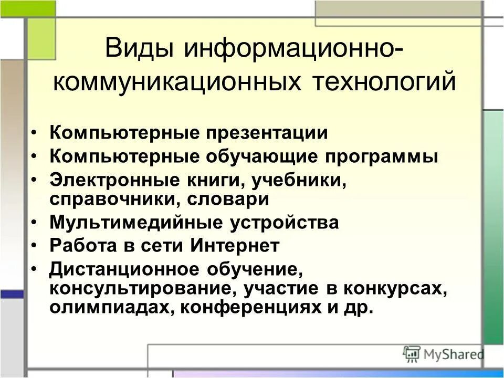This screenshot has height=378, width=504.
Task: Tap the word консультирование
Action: click(139, 288)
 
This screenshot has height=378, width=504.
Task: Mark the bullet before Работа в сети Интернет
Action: click(35, 246)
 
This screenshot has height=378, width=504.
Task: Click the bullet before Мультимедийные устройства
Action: click(35, 223)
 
